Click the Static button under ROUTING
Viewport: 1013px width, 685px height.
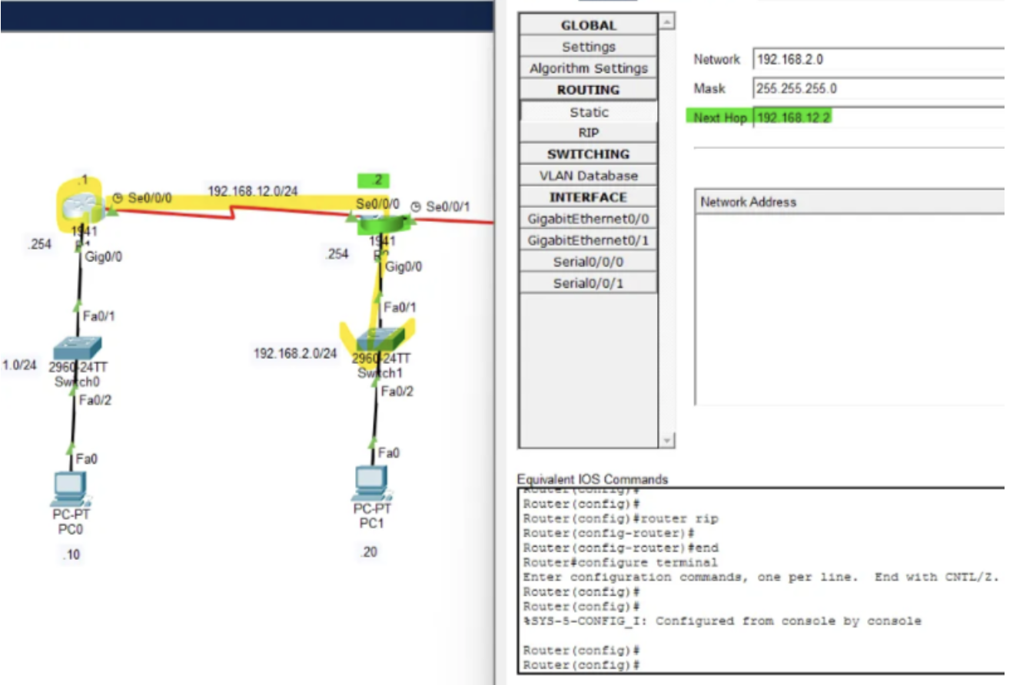(589, 111)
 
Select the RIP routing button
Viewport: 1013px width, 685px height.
(589, 132)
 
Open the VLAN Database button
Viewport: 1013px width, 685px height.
(589, 175)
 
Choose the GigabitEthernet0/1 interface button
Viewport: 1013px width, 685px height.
(589, 240)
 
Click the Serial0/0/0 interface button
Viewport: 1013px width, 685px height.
(589, 262)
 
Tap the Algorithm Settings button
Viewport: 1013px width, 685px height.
(589, 68)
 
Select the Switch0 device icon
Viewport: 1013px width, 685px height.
(76, 349)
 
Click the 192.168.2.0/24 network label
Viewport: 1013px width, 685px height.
(295, 353)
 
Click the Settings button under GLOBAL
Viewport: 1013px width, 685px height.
(589, 47)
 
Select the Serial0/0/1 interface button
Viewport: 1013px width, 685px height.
(589, 283)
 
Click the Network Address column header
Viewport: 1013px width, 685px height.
(748, 202)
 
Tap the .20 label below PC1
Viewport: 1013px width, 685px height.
(370, 551)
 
